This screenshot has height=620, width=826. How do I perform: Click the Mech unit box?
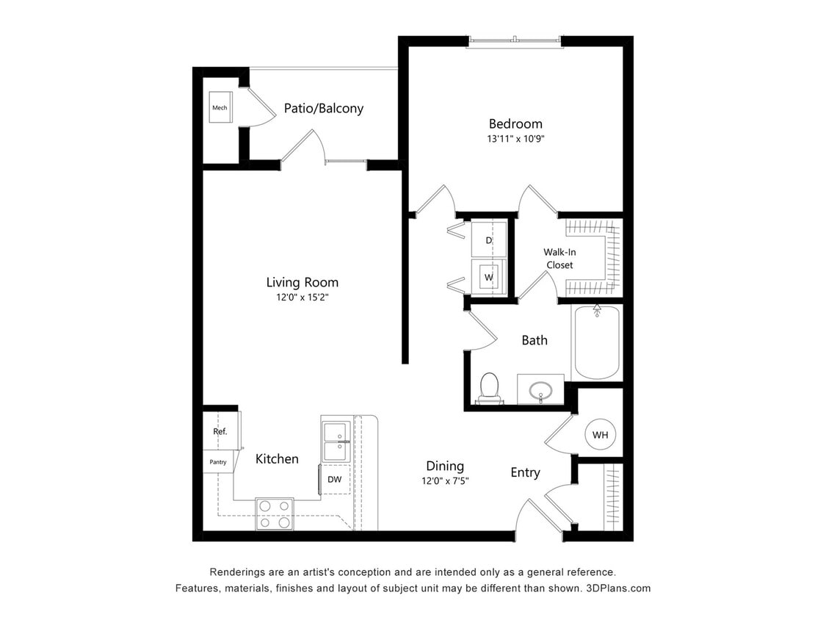click(220, 108)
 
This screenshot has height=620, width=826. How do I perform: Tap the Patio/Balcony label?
click(323, 109)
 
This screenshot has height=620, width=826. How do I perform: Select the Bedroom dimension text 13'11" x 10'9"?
click(515, 138)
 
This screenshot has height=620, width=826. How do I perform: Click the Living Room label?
click(302, 282)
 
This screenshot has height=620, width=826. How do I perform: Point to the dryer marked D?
click(488, 240)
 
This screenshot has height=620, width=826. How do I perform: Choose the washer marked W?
click(488, 277)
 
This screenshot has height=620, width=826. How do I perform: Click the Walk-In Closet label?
click(559, 259)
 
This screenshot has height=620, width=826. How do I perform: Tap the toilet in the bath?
click(488, 388)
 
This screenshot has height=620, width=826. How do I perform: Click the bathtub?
click(596, 342)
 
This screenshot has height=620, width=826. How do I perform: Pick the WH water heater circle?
click(600, 435)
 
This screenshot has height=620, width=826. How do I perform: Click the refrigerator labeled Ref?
click(220, 432)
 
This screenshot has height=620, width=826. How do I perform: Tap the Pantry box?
click(218, 462)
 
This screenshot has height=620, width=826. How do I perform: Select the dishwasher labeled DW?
click(335, 480)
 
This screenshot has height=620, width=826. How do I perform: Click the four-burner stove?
click(274, 513)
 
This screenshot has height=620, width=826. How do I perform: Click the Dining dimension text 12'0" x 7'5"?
click(445, 481)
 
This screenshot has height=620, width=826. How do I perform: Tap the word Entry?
click(525, 472)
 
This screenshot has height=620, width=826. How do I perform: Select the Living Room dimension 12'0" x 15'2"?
click(302, 298)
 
